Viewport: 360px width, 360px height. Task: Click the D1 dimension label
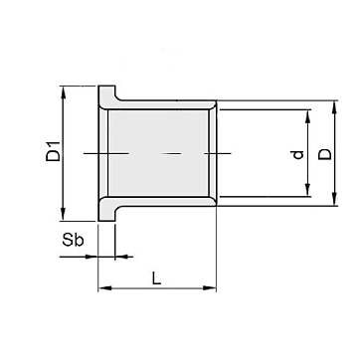tap(53, 151)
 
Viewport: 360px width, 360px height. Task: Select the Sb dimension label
tap(73, 240)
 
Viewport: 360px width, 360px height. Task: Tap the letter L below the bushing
tap(156, 277)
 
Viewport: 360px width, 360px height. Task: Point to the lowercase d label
tap(298, 155)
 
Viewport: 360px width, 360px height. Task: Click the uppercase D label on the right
tap(325, 154)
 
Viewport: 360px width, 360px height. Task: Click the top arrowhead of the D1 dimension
tap(64, 92)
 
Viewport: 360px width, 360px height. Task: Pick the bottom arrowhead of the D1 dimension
tap(64, 215)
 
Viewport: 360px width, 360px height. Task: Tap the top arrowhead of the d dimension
tap(308, 116)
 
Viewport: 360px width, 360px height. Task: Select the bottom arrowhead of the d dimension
tap(308, 190)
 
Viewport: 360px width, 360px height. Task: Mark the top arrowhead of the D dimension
tap(334, 106)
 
